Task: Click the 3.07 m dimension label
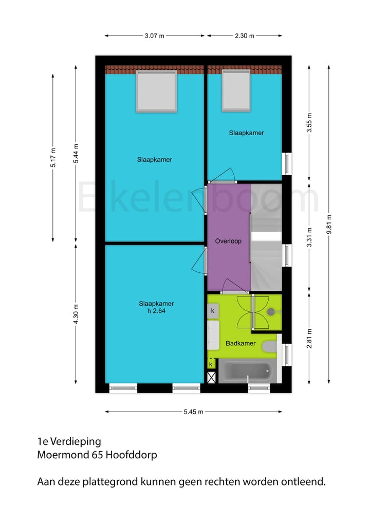(155, 36)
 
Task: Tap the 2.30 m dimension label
(244, 36)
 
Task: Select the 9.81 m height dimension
(329, 224)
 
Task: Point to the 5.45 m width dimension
(193, 412)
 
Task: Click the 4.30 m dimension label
(76, 313)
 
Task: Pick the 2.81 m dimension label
(309, 339)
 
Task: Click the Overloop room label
(228, 241)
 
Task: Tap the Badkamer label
(240, 344)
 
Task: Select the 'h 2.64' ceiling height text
(156, 311)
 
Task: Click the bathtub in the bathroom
(245, 371)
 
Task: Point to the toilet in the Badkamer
(269, 347)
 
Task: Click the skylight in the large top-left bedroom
(157, 91)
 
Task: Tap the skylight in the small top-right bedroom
(236, 90)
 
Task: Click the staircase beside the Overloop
(266, 236)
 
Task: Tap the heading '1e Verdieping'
(69, 441)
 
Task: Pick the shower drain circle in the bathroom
(271, 311)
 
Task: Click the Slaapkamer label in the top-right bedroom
(246, 133)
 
